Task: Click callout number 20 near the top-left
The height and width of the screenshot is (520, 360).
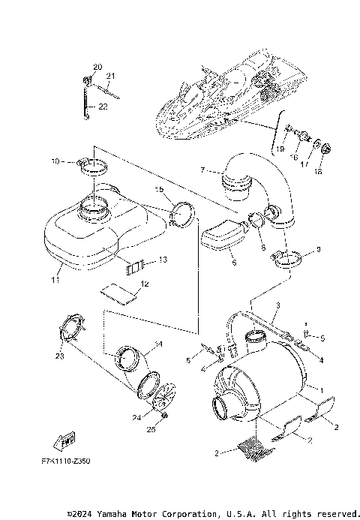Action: tap(97, 68)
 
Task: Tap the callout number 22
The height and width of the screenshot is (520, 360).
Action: tap(103, 107)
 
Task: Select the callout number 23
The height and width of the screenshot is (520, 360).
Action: tap(58, 357)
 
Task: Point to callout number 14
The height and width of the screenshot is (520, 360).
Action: tap(157, 345)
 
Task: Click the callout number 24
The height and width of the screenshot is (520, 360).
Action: tap(136, 418)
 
